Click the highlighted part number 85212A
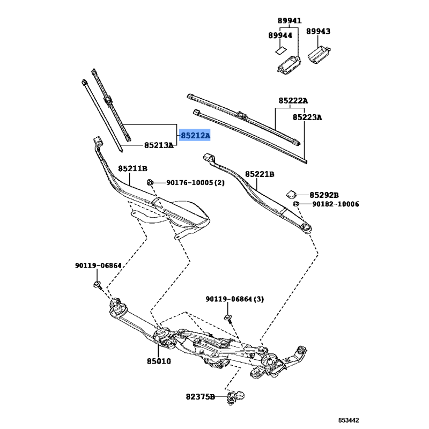[195, 135]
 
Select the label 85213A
[159, 145]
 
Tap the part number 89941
[290, 20]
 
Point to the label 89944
[280, 35]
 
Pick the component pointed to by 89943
[319, 55]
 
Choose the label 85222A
[293, 101]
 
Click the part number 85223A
[307, 117]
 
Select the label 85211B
[132, 168]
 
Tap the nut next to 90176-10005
[150, 182]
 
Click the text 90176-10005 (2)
[195, 182]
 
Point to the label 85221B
[260, 174]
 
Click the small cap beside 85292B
[291, 194]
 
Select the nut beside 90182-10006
[296, 204]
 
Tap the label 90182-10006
[336, 204]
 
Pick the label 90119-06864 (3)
[235, 299]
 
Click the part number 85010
[159, 361]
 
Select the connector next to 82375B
[235, 396]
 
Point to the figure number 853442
[349, 420]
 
